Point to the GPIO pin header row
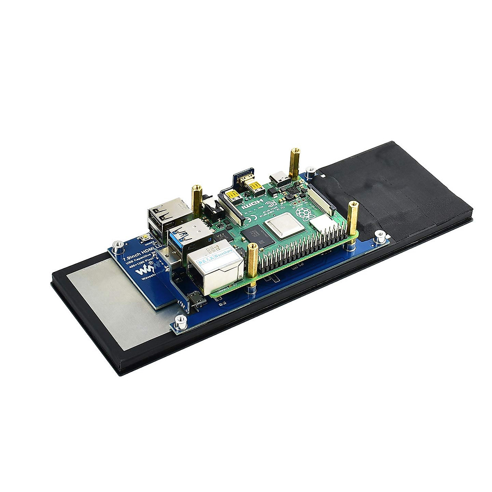click(303, 250)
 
